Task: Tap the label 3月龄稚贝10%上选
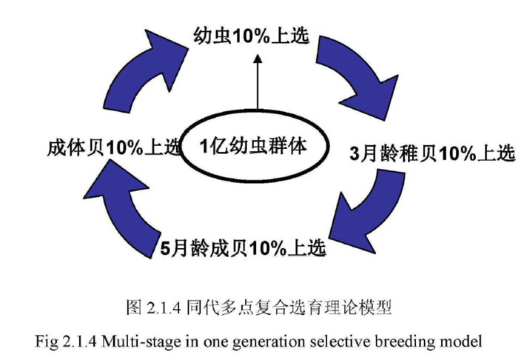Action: point(431,154)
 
